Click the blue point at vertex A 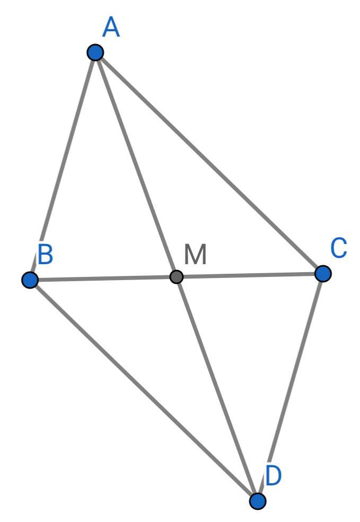point(95,53)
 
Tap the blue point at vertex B point(30,280)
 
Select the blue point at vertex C point(323,274)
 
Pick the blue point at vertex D point(258,501)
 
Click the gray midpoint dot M point(177,276)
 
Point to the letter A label point(111,28)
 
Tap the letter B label point(45,254)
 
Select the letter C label point(339,248)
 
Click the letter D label point(274,475)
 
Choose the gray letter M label point(195,254)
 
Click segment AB point(63,166)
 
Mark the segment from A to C point(209,163)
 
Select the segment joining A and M point(136,164)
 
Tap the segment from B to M point(103,279)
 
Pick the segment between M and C point(250,275)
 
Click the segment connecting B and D point(144,390)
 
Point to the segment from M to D point(217,389)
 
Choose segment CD point(290,387)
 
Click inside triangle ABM point(101,203)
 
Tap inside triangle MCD point(252,351)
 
